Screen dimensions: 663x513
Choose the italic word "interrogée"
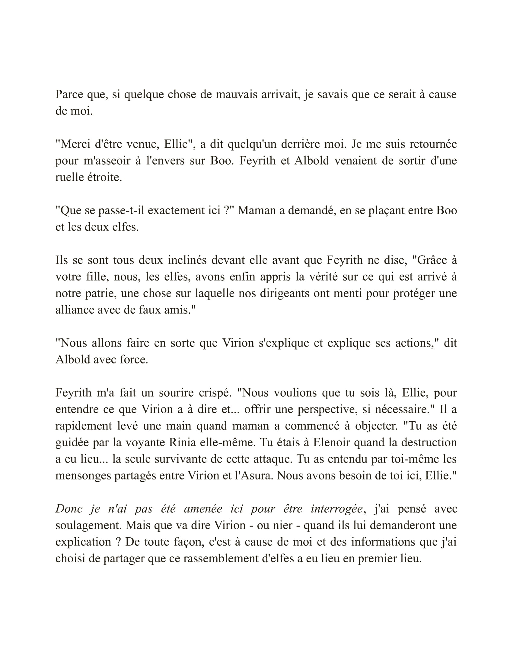pos(337,508)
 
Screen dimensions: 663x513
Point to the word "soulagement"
pos(88,525)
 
